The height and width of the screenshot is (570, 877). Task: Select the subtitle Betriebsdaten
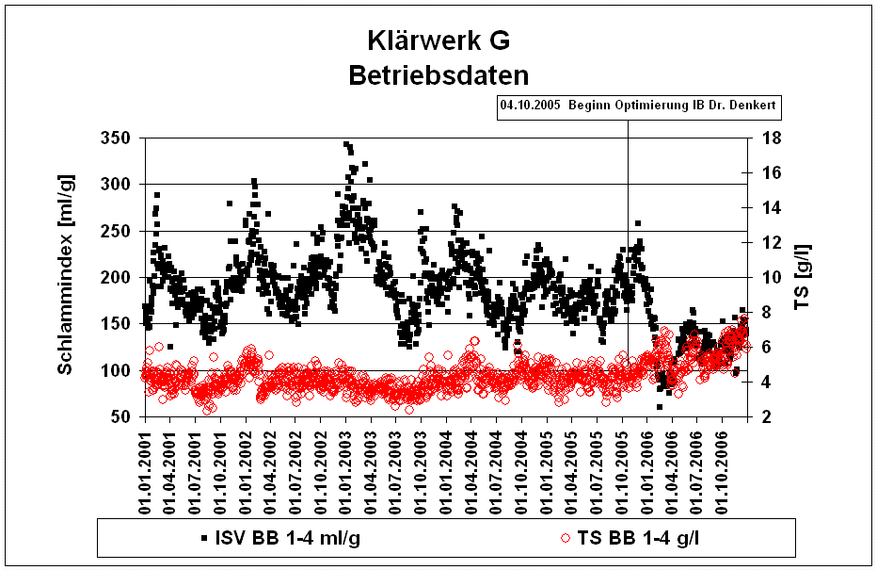pos(438,74)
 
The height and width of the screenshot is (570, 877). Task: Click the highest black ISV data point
pos(345,144)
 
